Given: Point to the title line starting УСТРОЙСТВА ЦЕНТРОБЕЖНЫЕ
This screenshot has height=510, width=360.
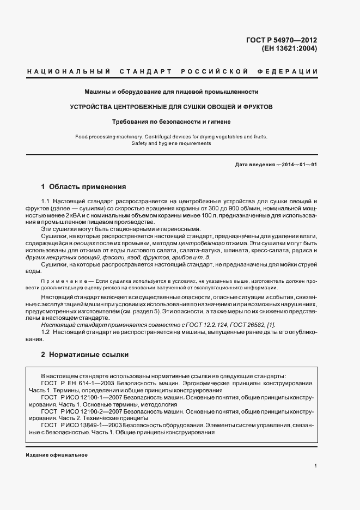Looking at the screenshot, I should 171,106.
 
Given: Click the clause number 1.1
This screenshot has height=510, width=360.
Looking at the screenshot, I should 46,202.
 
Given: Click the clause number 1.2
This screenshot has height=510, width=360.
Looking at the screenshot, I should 46,331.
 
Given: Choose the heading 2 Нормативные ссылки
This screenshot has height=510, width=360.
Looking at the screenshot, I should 84,354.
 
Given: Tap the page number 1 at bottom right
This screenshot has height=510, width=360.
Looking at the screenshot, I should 315,466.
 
